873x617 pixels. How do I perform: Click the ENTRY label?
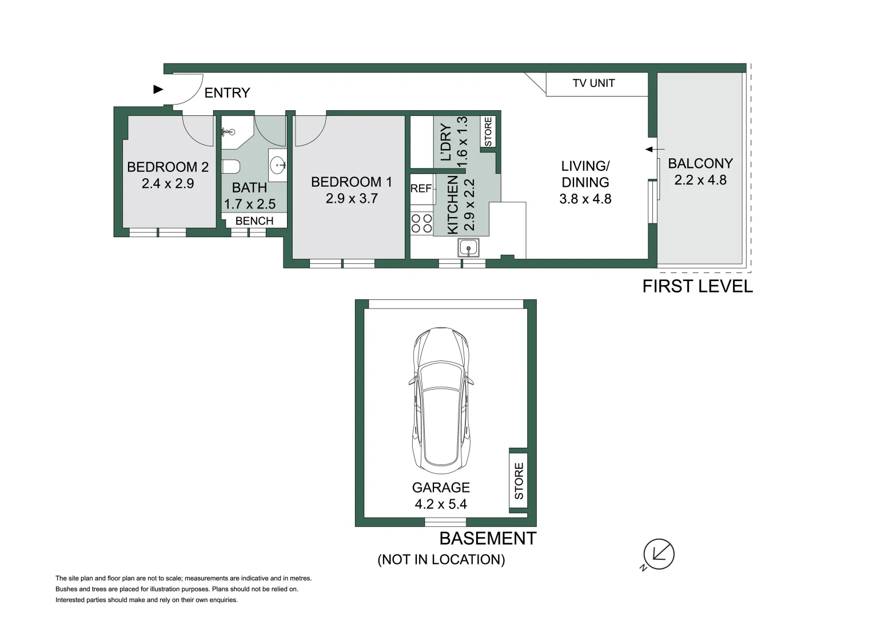[x=227, y=93]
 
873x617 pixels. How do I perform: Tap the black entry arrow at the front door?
[x=158, y=89]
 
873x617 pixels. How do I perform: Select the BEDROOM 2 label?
[x=168, y=167]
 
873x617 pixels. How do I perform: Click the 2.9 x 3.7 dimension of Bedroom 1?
[x=352, y=199]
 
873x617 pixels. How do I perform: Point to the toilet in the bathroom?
[x=230, y=167]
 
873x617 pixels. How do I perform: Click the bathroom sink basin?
[x=278, y=166]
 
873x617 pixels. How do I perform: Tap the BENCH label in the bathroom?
[x=254, y=221]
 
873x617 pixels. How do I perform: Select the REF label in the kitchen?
[x=421, y=189]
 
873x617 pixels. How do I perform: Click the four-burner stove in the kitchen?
[x=422, y=223]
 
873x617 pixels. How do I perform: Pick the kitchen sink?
[x=468, y=248]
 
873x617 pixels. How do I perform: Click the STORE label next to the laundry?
[x=488, y=131]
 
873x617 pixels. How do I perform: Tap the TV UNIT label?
[x=593, y=83]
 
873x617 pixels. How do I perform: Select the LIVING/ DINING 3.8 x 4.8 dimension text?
[x=585, y=199]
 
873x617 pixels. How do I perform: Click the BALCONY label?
[x=700, y=163]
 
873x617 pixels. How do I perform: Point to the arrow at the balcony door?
[x=654, y=150]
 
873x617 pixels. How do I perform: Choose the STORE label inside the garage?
[x=519, y=481]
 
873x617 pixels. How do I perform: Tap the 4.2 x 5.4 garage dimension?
[x=441, y=504]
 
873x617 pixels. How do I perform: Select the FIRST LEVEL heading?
[x=697, y=286]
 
